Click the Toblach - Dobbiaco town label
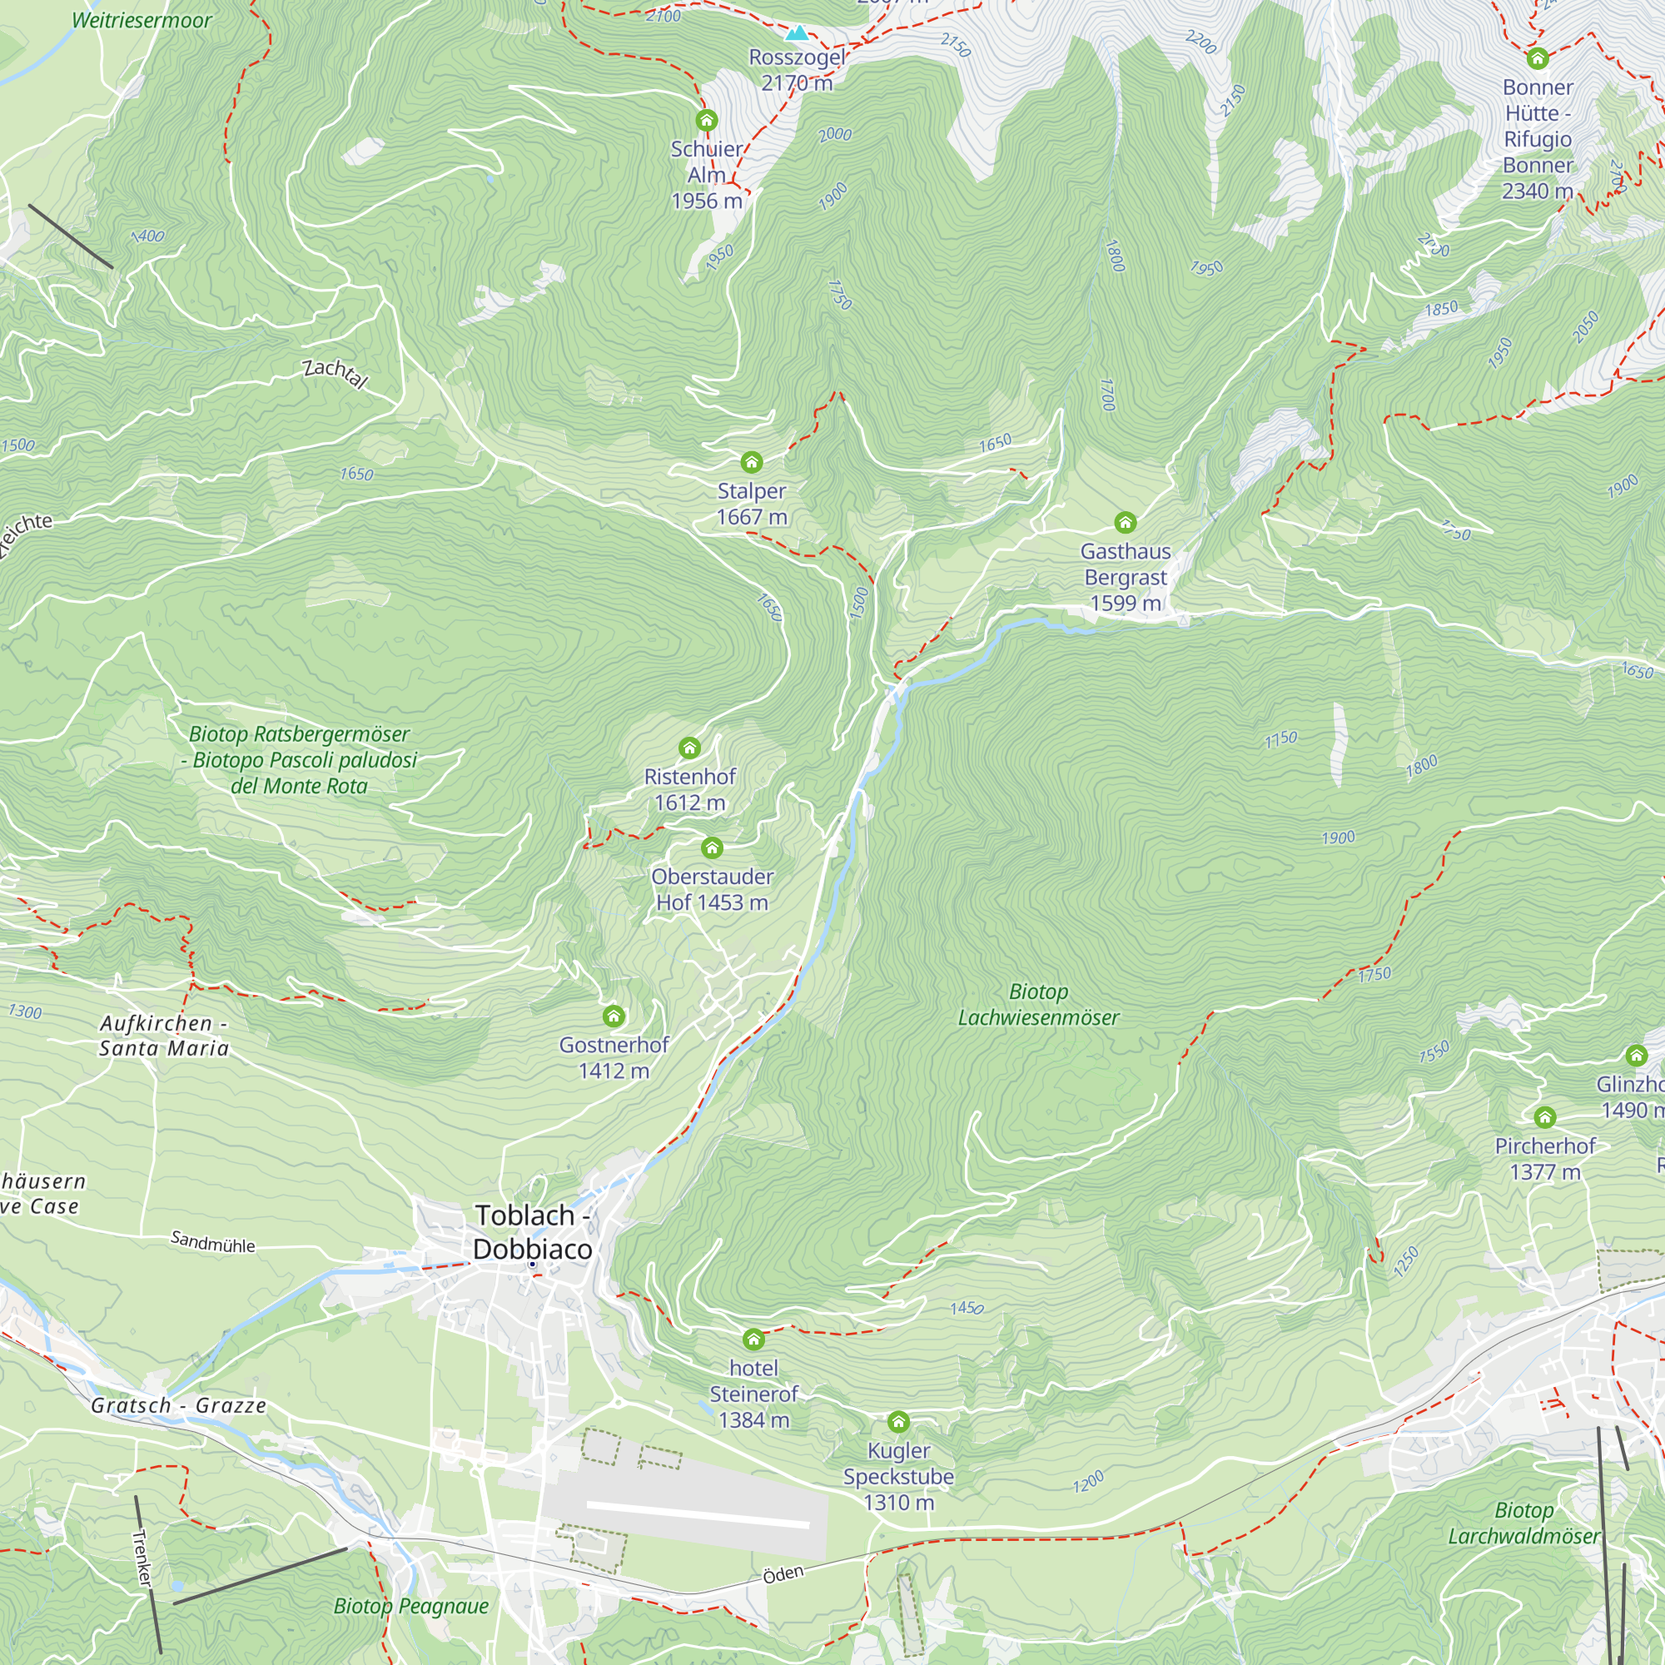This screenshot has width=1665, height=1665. (532, 1232)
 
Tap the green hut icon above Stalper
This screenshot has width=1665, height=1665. (752, 463)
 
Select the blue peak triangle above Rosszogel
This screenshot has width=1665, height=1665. (798, 33)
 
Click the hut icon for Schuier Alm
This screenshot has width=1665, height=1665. (707, 120)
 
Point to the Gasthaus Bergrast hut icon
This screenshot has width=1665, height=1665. (1126, 522)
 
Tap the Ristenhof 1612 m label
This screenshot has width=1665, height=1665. (689, 789)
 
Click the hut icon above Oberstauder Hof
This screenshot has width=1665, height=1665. (712, 848)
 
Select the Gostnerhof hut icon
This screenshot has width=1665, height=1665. (614, 1016)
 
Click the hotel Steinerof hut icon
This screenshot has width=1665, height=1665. (754, 1339)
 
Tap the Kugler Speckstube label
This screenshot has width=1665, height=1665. (898, 1476)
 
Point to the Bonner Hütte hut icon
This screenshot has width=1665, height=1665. (1538, 58)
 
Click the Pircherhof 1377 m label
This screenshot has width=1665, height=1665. (1545, 1158)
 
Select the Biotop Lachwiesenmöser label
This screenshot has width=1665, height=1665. (1038, 1005)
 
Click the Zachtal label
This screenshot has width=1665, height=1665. (335, 373)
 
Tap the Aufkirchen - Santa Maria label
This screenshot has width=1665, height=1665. (164, 1036)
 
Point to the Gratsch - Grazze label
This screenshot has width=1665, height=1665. (178, 1405)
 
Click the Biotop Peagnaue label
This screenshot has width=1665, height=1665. (411, 1606)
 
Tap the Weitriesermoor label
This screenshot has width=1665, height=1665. (142, 21)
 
